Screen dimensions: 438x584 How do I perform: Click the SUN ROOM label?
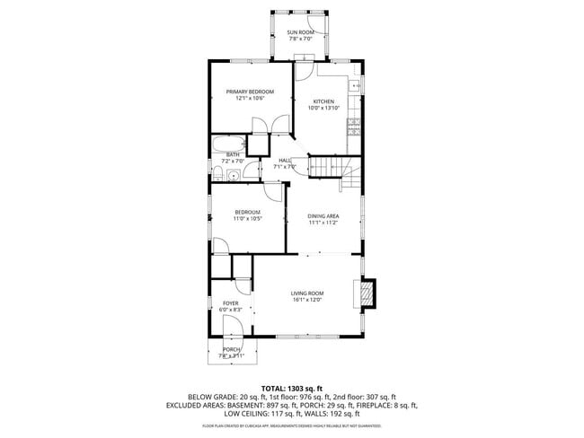[300, 33]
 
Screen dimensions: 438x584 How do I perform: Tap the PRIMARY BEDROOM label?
[249, 92]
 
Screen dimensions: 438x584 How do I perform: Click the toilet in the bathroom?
[218, 174]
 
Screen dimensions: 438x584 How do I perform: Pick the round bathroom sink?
[232, 176]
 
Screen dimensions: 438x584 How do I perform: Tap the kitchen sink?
[357, 86]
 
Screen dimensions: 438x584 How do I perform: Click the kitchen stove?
[354, 127]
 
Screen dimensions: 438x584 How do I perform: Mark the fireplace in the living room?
[365, 293]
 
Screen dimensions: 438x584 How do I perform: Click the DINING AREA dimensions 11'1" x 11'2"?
[323, 222]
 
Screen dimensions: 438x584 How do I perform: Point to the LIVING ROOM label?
[306, 293]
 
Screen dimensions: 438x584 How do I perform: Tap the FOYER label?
[231, 303]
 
